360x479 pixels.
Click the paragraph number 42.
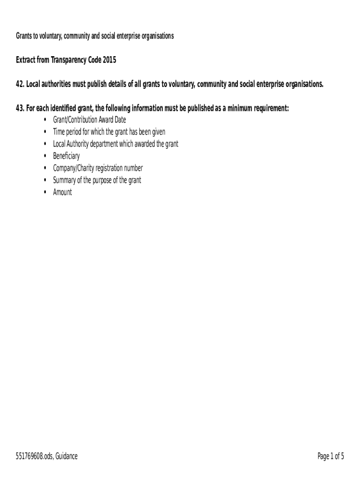(20, 84)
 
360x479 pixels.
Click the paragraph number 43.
(20, 109)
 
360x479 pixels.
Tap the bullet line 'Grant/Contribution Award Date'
(89, 120)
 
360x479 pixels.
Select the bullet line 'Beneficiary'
(66, 156)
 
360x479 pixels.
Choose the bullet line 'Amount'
(63, 192)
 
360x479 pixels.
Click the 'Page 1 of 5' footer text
(331, 457)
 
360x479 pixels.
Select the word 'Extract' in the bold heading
(26, 60)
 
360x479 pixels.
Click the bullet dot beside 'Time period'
(44, 132)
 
